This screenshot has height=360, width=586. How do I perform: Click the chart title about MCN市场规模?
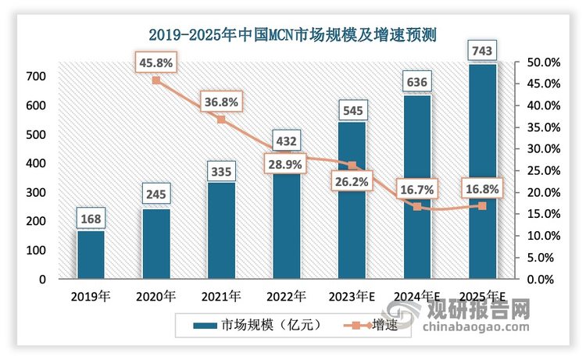tap(293, 34)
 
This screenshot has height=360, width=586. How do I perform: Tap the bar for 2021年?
tap(221, 230)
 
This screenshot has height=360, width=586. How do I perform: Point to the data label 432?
tap(286, 141)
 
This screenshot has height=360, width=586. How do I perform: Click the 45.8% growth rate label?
tap(156, 59)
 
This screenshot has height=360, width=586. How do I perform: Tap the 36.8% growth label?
tap(221, 101)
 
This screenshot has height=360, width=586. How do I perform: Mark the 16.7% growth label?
tap(416, 188)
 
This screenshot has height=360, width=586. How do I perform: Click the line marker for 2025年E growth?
tap(481, 206)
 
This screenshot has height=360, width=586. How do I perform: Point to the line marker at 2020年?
tap(156, 80)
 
